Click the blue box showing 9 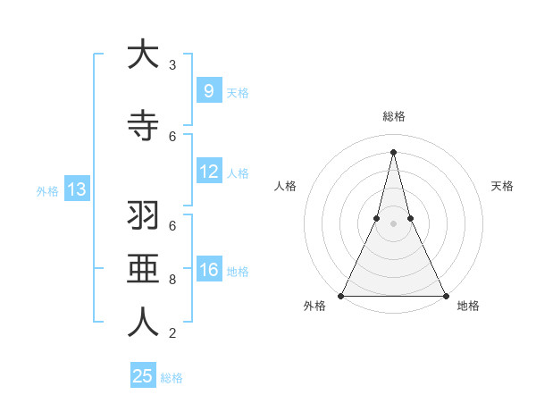coord(208,91)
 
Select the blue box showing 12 coord(208,172)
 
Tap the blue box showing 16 coord(208,270)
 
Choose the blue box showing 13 coord(76,189)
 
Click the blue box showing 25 coord(143,376)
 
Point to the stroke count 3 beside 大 coord(172,64)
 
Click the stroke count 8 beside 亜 coord(172,280)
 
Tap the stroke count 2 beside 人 coord(172,333)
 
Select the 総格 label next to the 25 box coord(172,378)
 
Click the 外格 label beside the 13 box coord(46,190)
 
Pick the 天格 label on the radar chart coord(502,186)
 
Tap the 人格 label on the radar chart coord(285,186)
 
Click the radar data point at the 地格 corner coord(445,295)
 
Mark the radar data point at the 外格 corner coord(341,295)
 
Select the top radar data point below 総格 coord(393,151)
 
